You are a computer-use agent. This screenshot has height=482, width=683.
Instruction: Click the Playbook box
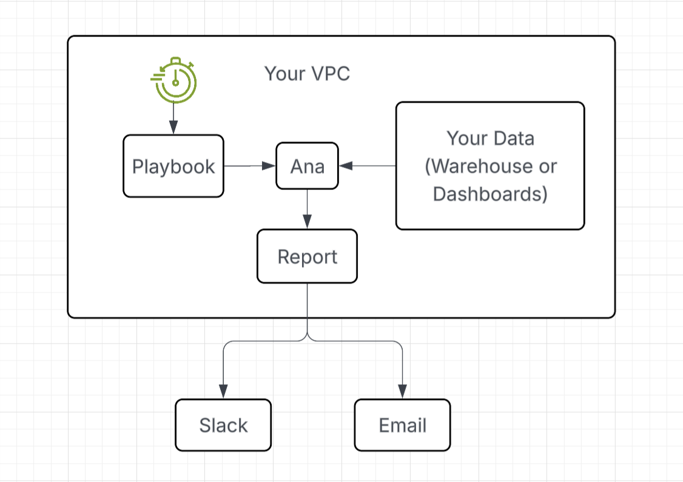[x=173, y=166]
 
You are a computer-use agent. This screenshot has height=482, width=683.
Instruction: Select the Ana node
[x=307, y=166]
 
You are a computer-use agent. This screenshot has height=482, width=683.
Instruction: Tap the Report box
[x=307, y=256]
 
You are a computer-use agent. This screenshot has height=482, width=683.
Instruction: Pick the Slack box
[x=223, y=425]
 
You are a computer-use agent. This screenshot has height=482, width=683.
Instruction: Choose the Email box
[x=403, y=425]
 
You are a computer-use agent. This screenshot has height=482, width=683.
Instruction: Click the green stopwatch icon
[x=174, y=80]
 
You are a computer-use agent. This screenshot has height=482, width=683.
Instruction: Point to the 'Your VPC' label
[x=307, y=73]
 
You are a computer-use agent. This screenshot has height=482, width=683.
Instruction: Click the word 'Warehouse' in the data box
[x=479, y=166]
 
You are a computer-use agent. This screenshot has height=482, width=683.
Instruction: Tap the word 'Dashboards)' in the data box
[x=490, y=194]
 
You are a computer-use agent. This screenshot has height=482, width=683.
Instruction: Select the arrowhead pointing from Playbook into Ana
[x=269, y=166]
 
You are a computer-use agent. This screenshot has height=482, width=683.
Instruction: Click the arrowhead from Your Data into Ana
[x=345, y=166]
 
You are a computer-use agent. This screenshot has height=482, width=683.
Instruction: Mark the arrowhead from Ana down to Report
[x=307, y=222]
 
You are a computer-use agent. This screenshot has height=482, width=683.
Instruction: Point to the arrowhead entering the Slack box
[x=223, y=392]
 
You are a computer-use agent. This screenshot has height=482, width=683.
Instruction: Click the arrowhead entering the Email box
[x=403, y=392]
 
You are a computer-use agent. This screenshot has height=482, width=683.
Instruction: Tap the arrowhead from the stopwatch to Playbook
[x=173, y=127]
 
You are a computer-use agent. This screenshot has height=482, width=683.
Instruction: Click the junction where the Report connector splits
[x=307, y=336]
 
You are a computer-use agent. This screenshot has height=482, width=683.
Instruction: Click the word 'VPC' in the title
[x=331, y=73]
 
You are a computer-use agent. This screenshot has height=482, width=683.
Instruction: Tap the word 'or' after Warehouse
[x=548, y=166]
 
